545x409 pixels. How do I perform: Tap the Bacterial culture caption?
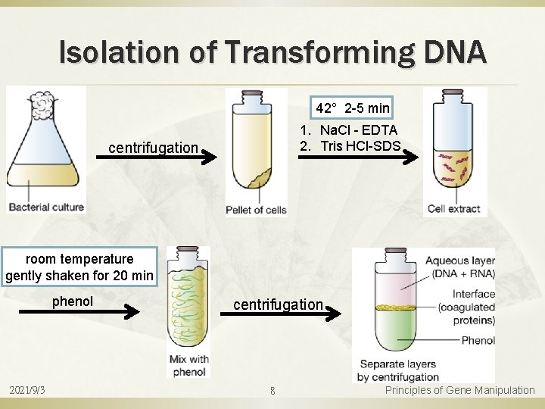click(45, 207)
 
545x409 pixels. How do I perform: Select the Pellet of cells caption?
click(257, 210)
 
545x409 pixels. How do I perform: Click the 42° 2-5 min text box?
click(353, 108)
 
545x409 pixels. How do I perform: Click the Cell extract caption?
click(454, 209)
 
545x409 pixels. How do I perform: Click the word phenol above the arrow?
click(73, 301)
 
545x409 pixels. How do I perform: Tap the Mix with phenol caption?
click(188, 365)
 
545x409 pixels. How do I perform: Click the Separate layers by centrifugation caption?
click(399, 371)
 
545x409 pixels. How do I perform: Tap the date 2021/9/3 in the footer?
click(27, 390)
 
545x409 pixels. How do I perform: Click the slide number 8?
click(272, 391)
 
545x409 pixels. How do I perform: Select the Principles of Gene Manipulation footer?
click(459, 390)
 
